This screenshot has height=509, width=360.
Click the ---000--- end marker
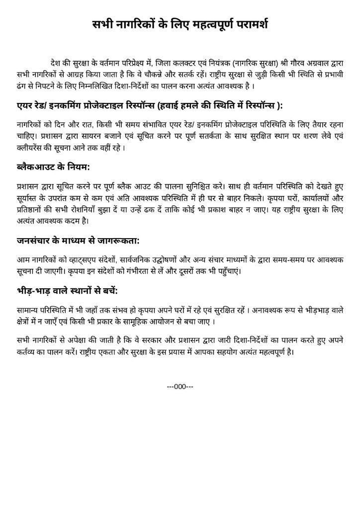180,386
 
